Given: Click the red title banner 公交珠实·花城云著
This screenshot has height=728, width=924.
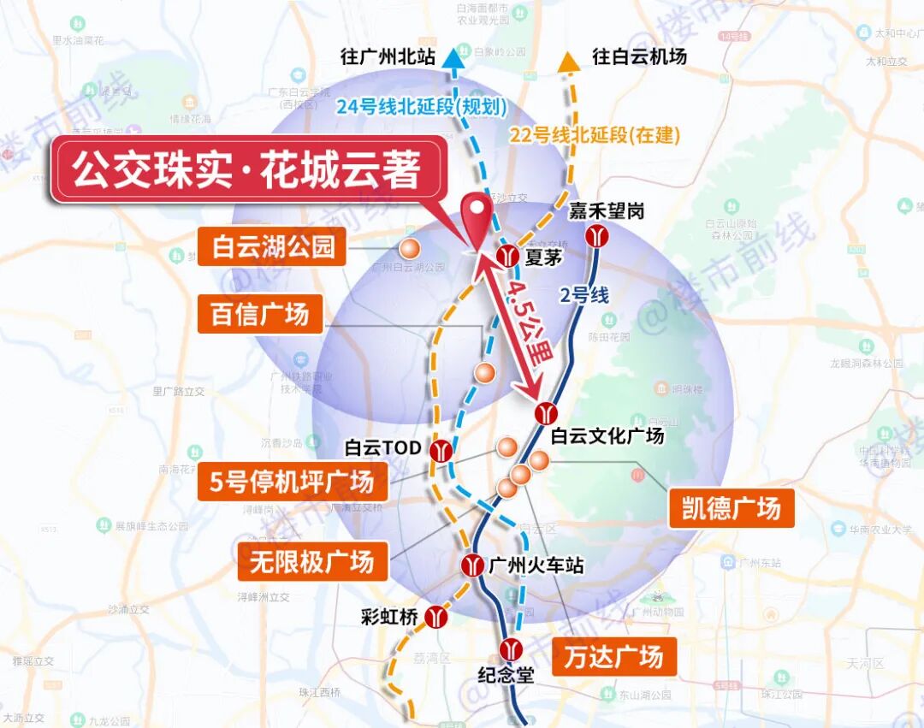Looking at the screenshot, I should [248, 169].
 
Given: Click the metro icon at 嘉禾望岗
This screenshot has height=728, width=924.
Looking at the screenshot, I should [597, 237].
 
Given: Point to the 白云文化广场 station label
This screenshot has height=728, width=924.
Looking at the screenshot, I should [607, 435].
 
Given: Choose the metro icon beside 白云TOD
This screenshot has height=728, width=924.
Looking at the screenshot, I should [441, 450].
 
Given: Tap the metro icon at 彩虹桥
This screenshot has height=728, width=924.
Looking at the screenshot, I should [437, 616].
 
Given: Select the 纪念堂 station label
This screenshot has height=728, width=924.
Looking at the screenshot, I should [506, 675].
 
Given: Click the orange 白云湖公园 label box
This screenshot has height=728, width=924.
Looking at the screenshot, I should [273, 247].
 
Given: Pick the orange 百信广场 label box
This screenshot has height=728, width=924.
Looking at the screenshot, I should [260, 314].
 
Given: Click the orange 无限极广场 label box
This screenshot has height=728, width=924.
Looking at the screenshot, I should [312, 562].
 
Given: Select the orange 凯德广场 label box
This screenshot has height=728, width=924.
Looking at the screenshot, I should [731, 508].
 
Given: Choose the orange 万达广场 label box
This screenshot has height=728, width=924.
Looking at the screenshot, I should [613, 657].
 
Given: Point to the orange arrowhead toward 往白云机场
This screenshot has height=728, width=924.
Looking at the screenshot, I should [568, 62].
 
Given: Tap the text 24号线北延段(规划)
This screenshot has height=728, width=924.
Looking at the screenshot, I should [422, 107].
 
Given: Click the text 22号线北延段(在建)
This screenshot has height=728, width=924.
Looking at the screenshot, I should [595, 134].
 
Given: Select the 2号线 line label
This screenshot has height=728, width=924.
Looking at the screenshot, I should [584, 296].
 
